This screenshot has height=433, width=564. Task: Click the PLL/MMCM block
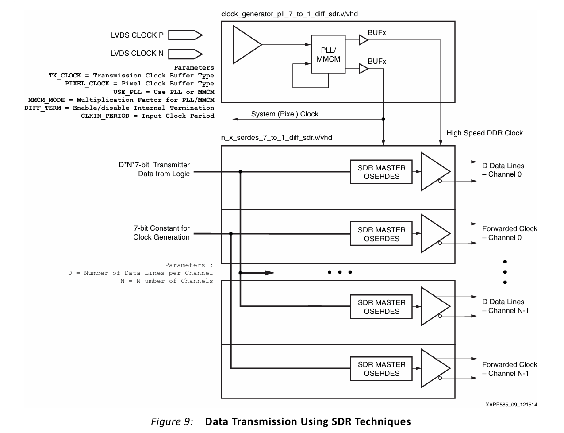(328, 54)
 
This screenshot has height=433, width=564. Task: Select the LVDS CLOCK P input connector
(185, 35)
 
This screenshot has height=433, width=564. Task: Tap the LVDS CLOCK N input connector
(185, 54)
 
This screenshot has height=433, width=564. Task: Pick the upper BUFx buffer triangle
(363, 40)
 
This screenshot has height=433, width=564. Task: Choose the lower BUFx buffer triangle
(363, 69)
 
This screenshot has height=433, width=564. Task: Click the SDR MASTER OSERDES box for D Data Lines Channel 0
(381, 172)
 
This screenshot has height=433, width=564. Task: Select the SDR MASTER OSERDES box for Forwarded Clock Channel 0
(381, 234)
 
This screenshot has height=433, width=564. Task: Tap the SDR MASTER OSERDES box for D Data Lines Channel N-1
(381, 306)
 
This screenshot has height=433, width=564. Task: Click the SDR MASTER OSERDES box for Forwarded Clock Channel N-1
(381, 368)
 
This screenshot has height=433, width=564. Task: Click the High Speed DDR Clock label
(484, 133)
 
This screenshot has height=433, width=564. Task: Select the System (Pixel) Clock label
(284, 114)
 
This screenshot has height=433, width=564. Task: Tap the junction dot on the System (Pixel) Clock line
(384, 119)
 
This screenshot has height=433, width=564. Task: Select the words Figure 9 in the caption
(172, 421)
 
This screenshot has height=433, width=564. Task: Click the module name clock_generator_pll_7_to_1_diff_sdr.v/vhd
(289, 14)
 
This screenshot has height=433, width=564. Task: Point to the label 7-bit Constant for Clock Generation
(161, 232)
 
